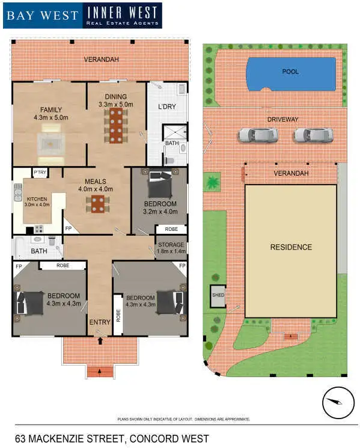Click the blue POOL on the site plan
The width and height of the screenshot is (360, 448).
point(290,73)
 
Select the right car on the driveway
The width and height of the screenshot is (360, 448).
point(313,135)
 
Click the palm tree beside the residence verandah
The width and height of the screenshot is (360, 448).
point(213,182)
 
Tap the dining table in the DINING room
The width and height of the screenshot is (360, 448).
point(115,127)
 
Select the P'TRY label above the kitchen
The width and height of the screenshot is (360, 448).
point(40,173)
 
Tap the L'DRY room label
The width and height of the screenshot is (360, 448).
point(166,107)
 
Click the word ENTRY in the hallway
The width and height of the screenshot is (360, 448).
point(100,322)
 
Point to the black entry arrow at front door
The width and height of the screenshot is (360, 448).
point(100,341)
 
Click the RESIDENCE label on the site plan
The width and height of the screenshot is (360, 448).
point(290,247)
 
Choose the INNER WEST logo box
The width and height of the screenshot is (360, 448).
point(122,15)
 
